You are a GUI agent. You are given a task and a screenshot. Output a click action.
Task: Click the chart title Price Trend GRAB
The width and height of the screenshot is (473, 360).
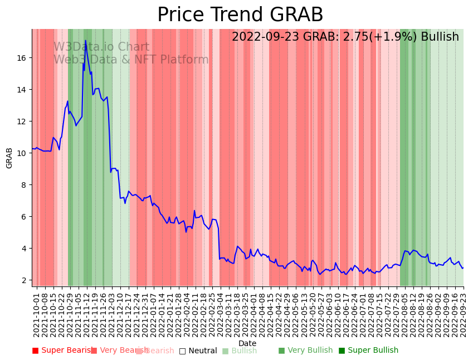(x=240, y=15)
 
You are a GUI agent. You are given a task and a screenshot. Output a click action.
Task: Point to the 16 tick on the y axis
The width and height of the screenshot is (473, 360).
(x=25, y=58)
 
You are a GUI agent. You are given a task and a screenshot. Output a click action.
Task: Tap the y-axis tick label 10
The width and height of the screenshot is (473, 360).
(x=25, y=153)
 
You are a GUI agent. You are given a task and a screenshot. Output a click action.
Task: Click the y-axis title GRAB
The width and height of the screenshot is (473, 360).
(x=9, y=158)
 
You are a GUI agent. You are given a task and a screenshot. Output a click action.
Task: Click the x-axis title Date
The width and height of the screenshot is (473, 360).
(x=247, y=343)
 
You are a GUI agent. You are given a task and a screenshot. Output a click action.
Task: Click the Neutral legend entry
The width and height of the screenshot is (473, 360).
(x=198, y=351)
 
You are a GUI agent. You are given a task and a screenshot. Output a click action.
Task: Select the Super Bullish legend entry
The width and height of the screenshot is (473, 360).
(x=368, y=351)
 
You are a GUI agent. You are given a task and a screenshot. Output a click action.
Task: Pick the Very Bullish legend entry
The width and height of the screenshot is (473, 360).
(x=305, y=351)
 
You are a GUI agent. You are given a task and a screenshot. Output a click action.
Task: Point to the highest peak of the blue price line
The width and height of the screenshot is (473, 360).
(x=86, y=41)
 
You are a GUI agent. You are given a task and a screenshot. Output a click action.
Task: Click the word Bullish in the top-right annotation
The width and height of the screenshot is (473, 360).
(x=440, y=37)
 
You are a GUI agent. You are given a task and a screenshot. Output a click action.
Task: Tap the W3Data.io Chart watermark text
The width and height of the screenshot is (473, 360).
(x=101, y=47)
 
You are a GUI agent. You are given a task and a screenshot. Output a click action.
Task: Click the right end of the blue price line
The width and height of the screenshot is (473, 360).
(x=462, y=268)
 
